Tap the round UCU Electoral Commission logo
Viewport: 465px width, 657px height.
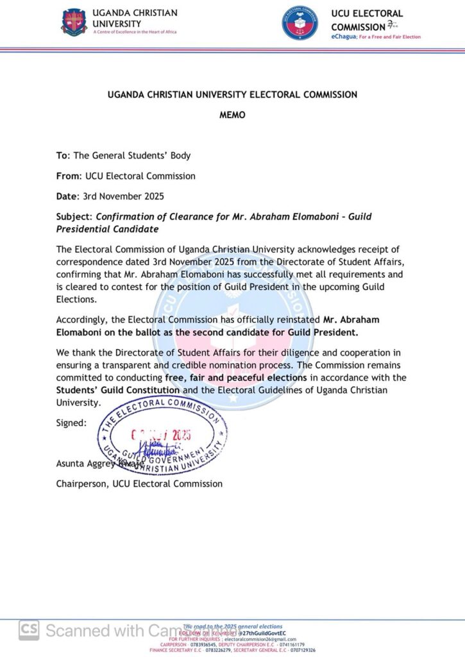pyautogui.click(x=300, y=24)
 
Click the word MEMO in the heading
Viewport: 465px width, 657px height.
pyautogui.click(x=232, y=115)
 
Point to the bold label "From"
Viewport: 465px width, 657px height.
pyautogui.click(x=68, y=176)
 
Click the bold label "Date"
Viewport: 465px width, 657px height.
pyautogui.click(x=66, y=196)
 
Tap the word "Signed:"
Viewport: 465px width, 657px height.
pyautogui.click(x=71, y=423)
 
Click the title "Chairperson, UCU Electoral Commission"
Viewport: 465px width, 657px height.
pyautogui.click(x=139, y=484)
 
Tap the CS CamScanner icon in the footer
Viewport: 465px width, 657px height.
pyautogui.click(x=28, y=629)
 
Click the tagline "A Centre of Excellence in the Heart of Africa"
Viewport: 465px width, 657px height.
pyautogui.click(x=135, y=32)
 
